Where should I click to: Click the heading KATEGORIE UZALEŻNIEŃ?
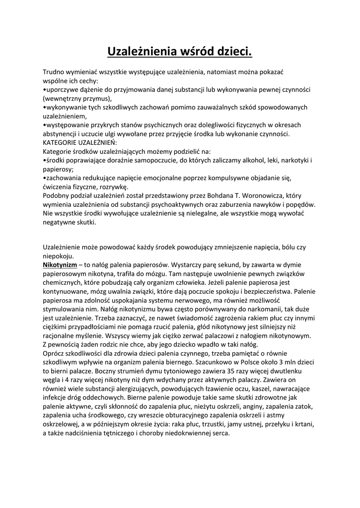point(80,142)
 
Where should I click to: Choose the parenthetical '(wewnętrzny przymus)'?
point(77,98)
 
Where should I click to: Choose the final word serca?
point(220,433)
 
